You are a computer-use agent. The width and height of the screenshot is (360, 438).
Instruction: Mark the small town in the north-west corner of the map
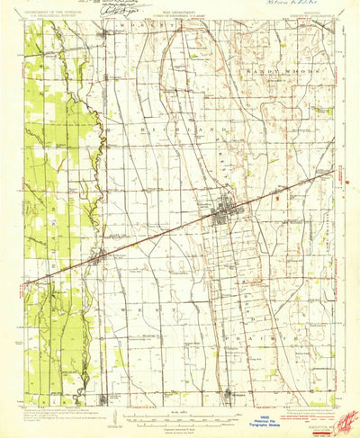point(106,33)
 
